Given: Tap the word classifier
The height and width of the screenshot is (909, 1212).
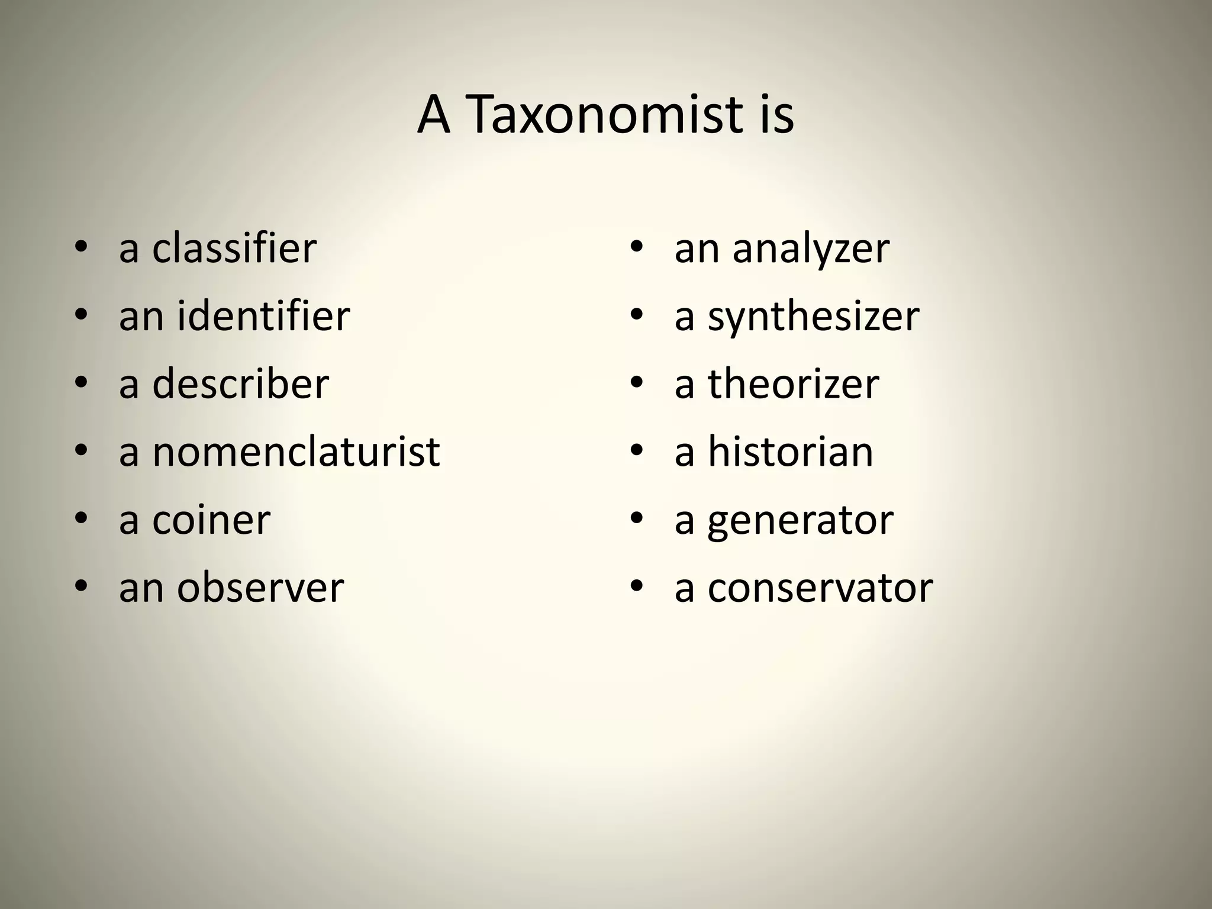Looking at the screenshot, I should coord(234,249).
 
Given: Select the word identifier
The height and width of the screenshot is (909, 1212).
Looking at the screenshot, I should coord(263,317).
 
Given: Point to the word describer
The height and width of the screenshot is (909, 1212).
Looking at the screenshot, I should coord(240,385).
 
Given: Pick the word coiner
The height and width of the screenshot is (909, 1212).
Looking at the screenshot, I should coord(211,521).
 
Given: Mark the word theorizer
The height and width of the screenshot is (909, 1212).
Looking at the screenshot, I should coord(794,385).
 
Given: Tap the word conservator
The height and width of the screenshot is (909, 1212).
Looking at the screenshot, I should coord(820,589).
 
